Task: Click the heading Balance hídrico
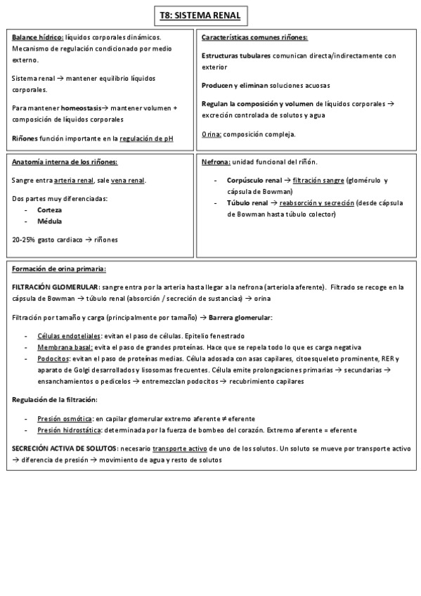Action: [x=37, y=37]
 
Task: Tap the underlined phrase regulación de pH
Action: [x=147, y=138]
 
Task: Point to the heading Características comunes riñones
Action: [x=254, y=37]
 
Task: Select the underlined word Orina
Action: [x=212, y=134]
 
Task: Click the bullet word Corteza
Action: [x=49, y=210]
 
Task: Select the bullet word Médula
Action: [x=49, y=221]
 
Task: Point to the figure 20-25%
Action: [x=24, y=240]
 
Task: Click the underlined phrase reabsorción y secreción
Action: [x=317, y=203]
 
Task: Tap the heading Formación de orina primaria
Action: [x=58, y=268]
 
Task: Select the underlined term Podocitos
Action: [x=53, y=358]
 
